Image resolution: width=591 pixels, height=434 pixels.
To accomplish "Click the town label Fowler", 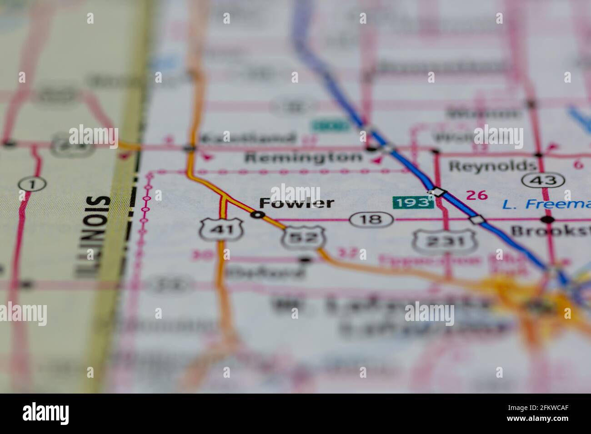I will (x=296, y=203).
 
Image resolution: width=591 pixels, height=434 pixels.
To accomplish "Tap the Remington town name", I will (x=304, y=158).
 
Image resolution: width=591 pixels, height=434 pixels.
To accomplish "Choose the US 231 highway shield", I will (x=444, y=241).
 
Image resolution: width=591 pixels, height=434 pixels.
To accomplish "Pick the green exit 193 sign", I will (x=413, y=202).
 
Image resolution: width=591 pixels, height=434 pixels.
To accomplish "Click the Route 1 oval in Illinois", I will (x=32, y=184).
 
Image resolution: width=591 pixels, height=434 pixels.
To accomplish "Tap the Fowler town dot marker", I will (x=258, y=215).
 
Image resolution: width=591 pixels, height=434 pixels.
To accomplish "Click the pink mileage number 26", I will (x=476, y=195).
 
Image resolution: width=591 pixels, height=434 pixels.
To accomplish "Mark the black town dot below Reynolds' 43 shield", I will (x=549, y=220).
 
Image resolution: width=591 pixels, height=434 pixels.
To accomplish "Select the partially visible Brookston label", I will (x=551, y=231).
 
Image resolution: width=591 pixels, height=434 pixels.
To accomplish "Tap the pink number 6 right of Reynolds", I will (x=578, y=165).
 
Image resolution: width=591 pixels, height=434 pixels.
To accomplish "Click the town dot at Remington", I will (x=372, y=148).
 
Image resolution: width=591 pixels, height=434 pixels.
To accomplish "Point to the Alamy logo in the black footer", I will (x=46, y=414).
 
